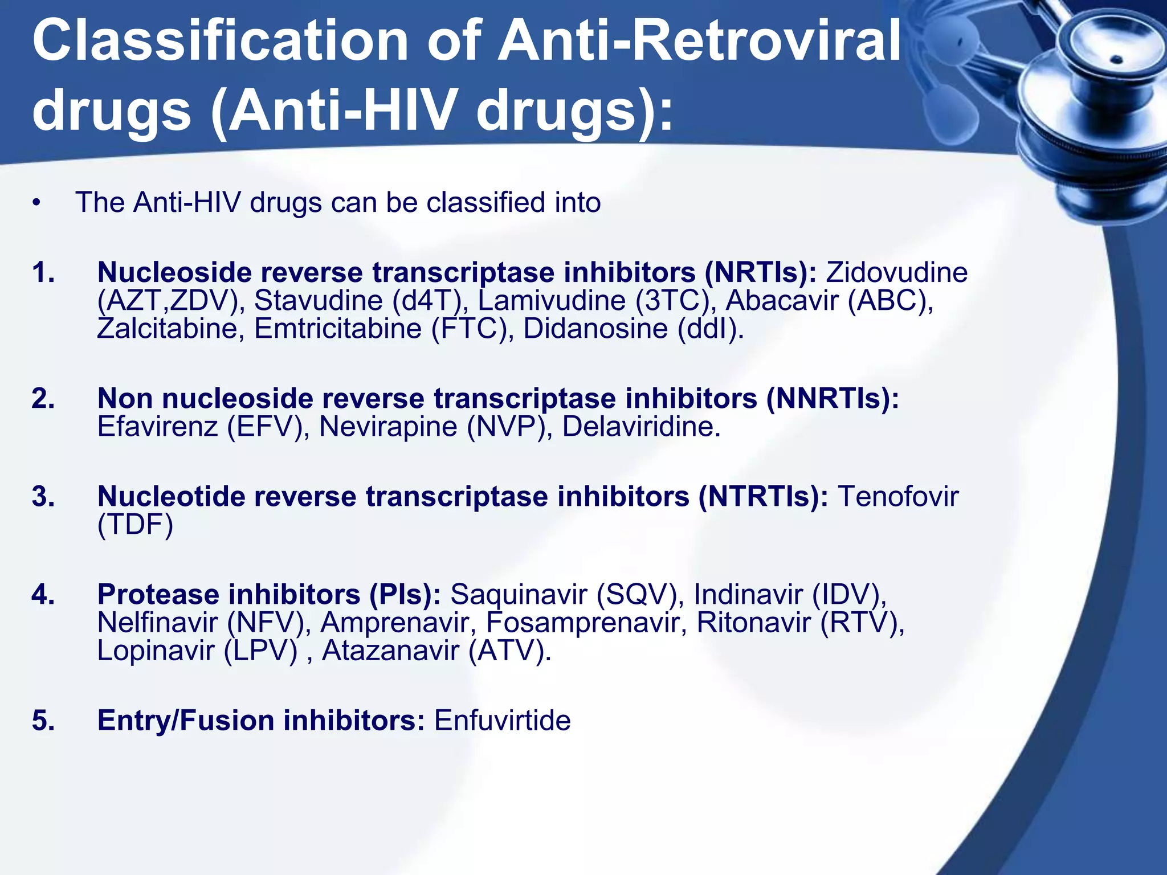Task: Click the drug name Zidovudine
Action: (x=897, y=272)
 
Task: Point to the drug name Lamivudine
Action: (x=552, y=300)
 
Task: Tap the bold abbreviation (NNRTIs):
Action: (x=833, y=398)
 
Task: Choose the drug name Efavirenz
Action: (x=158, y=426)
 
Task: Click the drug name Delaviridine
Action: (x=642, y=426)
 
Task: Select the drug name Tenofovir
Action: (x=898, y=496)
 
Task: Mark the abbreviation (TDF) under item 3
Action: (x=135, y=524)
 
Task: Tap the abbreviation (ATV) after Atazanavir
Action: (x=510, y=650)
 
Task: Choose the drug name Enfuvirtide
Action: (x=502, y=720)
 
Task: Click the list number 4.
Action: (x=43, y=594)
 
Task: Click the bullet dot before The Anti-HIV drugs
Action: (x=37, y=203)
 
